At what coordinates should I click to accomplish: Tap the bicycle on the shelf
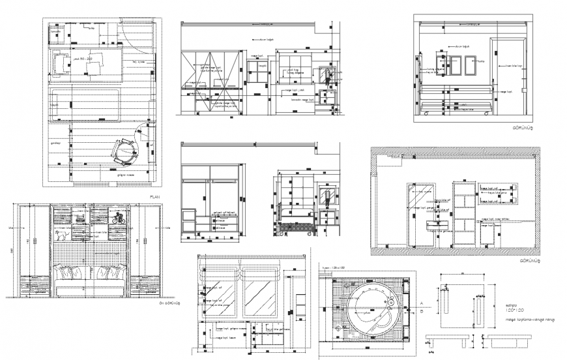pyautogui.click(x=118, y=218)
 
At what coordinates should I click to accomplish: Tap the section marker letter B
pyautogui.click(x=422, y=311)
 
